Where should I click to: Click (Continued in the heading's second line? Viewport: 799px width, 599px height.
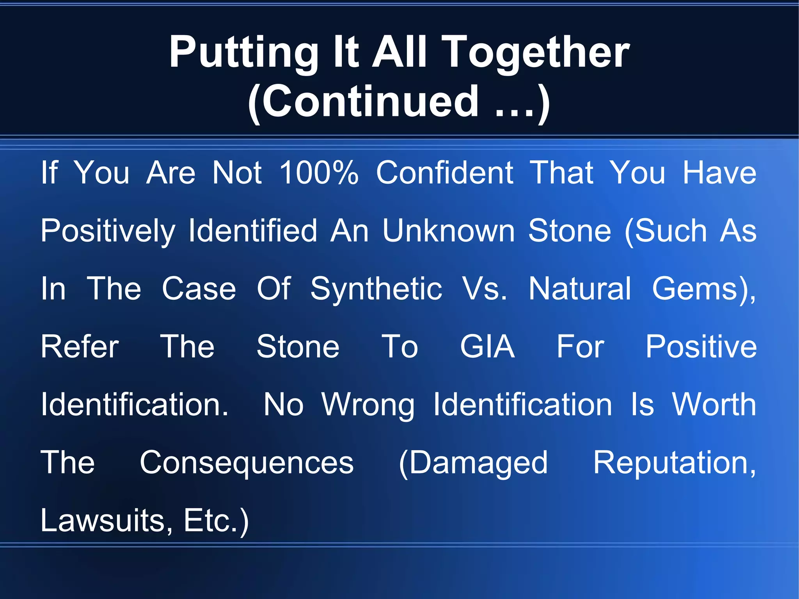point(363,102)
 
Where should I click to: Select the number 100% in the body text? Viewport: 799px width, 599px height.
point(319,172)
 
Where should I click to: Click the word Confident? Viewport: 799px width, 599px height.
point(444,172)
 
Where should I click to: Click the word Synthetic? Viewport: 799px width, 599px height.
point(376,289)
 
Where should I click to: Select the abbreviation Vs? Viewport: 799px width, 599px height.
point(485,289)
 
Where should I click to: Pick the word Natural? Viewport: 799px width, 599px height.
point(580,289)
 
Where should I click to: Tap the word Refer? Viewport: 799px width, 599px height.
point(80,347)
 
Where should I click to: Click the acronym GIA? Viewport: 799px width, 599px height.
point(487,347)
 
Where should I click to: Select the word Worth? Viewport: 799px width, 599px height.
point(714,404)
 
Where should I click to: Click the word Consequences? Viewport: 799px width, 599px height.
point(247,463)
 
